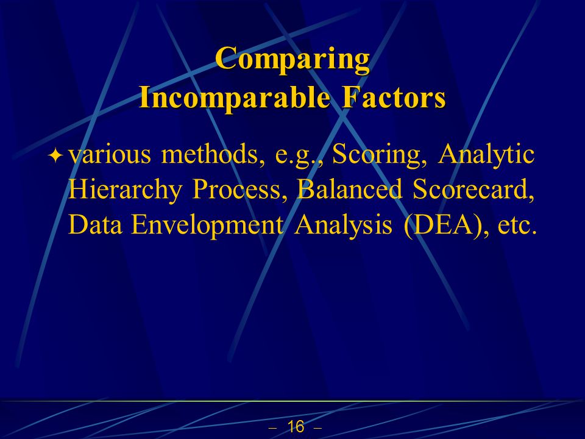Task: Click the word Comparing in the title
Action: click(x=292, y=59)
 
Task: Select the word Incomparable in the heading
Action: click(x=234, y=97)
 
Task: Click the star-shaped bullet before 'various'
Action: click(x=55, y=155)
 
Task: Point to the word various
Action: click(x=110, y=154)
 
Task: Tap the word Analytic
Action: click(x=486, y=155)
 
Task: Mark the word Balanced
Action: click(x=350, y=189)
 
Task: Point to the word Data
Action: click(x=95, y=225)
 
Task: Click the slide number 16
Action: click(x=296, y=427)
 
